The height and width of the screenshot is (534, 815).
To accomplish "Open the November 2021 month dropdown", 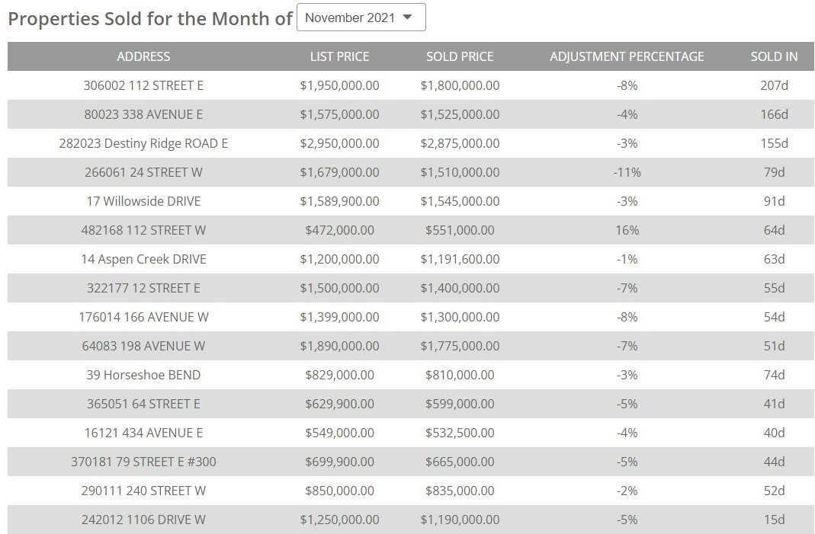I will (361, 18).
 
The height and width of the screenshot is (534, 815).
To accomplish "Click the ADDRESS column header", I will (143, 56).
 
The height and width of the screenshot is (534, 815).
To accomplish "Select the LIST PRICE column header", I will (339, 56).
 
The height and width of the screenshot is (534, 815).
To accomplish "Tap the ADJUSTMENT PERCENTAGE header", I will (627, 56).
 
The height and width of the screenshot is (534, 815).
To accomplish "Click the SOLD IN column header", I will (774, 56).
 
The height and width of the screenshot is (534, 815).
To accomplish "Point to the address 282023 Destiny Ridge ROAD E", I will (143, 143).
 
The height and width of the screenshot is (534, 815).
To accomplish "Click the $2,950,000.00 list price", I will (339, 143).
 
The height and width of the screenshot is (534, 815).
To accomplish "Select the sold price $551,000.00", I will (460, 230).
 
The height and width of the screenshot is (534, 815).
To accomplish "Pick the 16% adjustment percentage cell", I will (627, 230).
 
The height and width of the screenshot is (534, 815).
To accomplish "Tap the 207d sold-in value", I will (774, 85).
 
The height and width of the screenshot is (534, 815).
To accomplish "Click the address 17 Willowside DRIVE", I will (143, 201).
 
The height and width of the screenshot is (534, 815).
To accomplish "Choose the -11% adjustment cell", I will (627, 172).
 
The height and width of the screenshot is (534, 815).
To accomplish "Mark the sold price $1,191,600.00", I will (460, 259).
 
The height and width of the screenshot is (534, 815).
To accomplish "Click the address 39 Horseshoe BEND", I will (143, 375).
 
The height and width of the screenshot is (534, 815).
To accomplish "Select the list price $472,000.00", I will (339, 230).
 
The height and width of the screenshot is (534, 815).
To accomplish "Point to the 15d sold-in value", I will (774, 520).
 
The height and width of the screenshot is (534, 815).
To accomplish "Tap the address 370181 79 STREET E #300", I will (143, 462).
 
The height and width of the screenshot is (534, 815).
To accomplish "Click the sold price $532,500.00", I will (460, 433).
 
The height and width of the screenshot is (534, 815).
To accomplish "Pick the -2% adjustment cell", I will (627, 491).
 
